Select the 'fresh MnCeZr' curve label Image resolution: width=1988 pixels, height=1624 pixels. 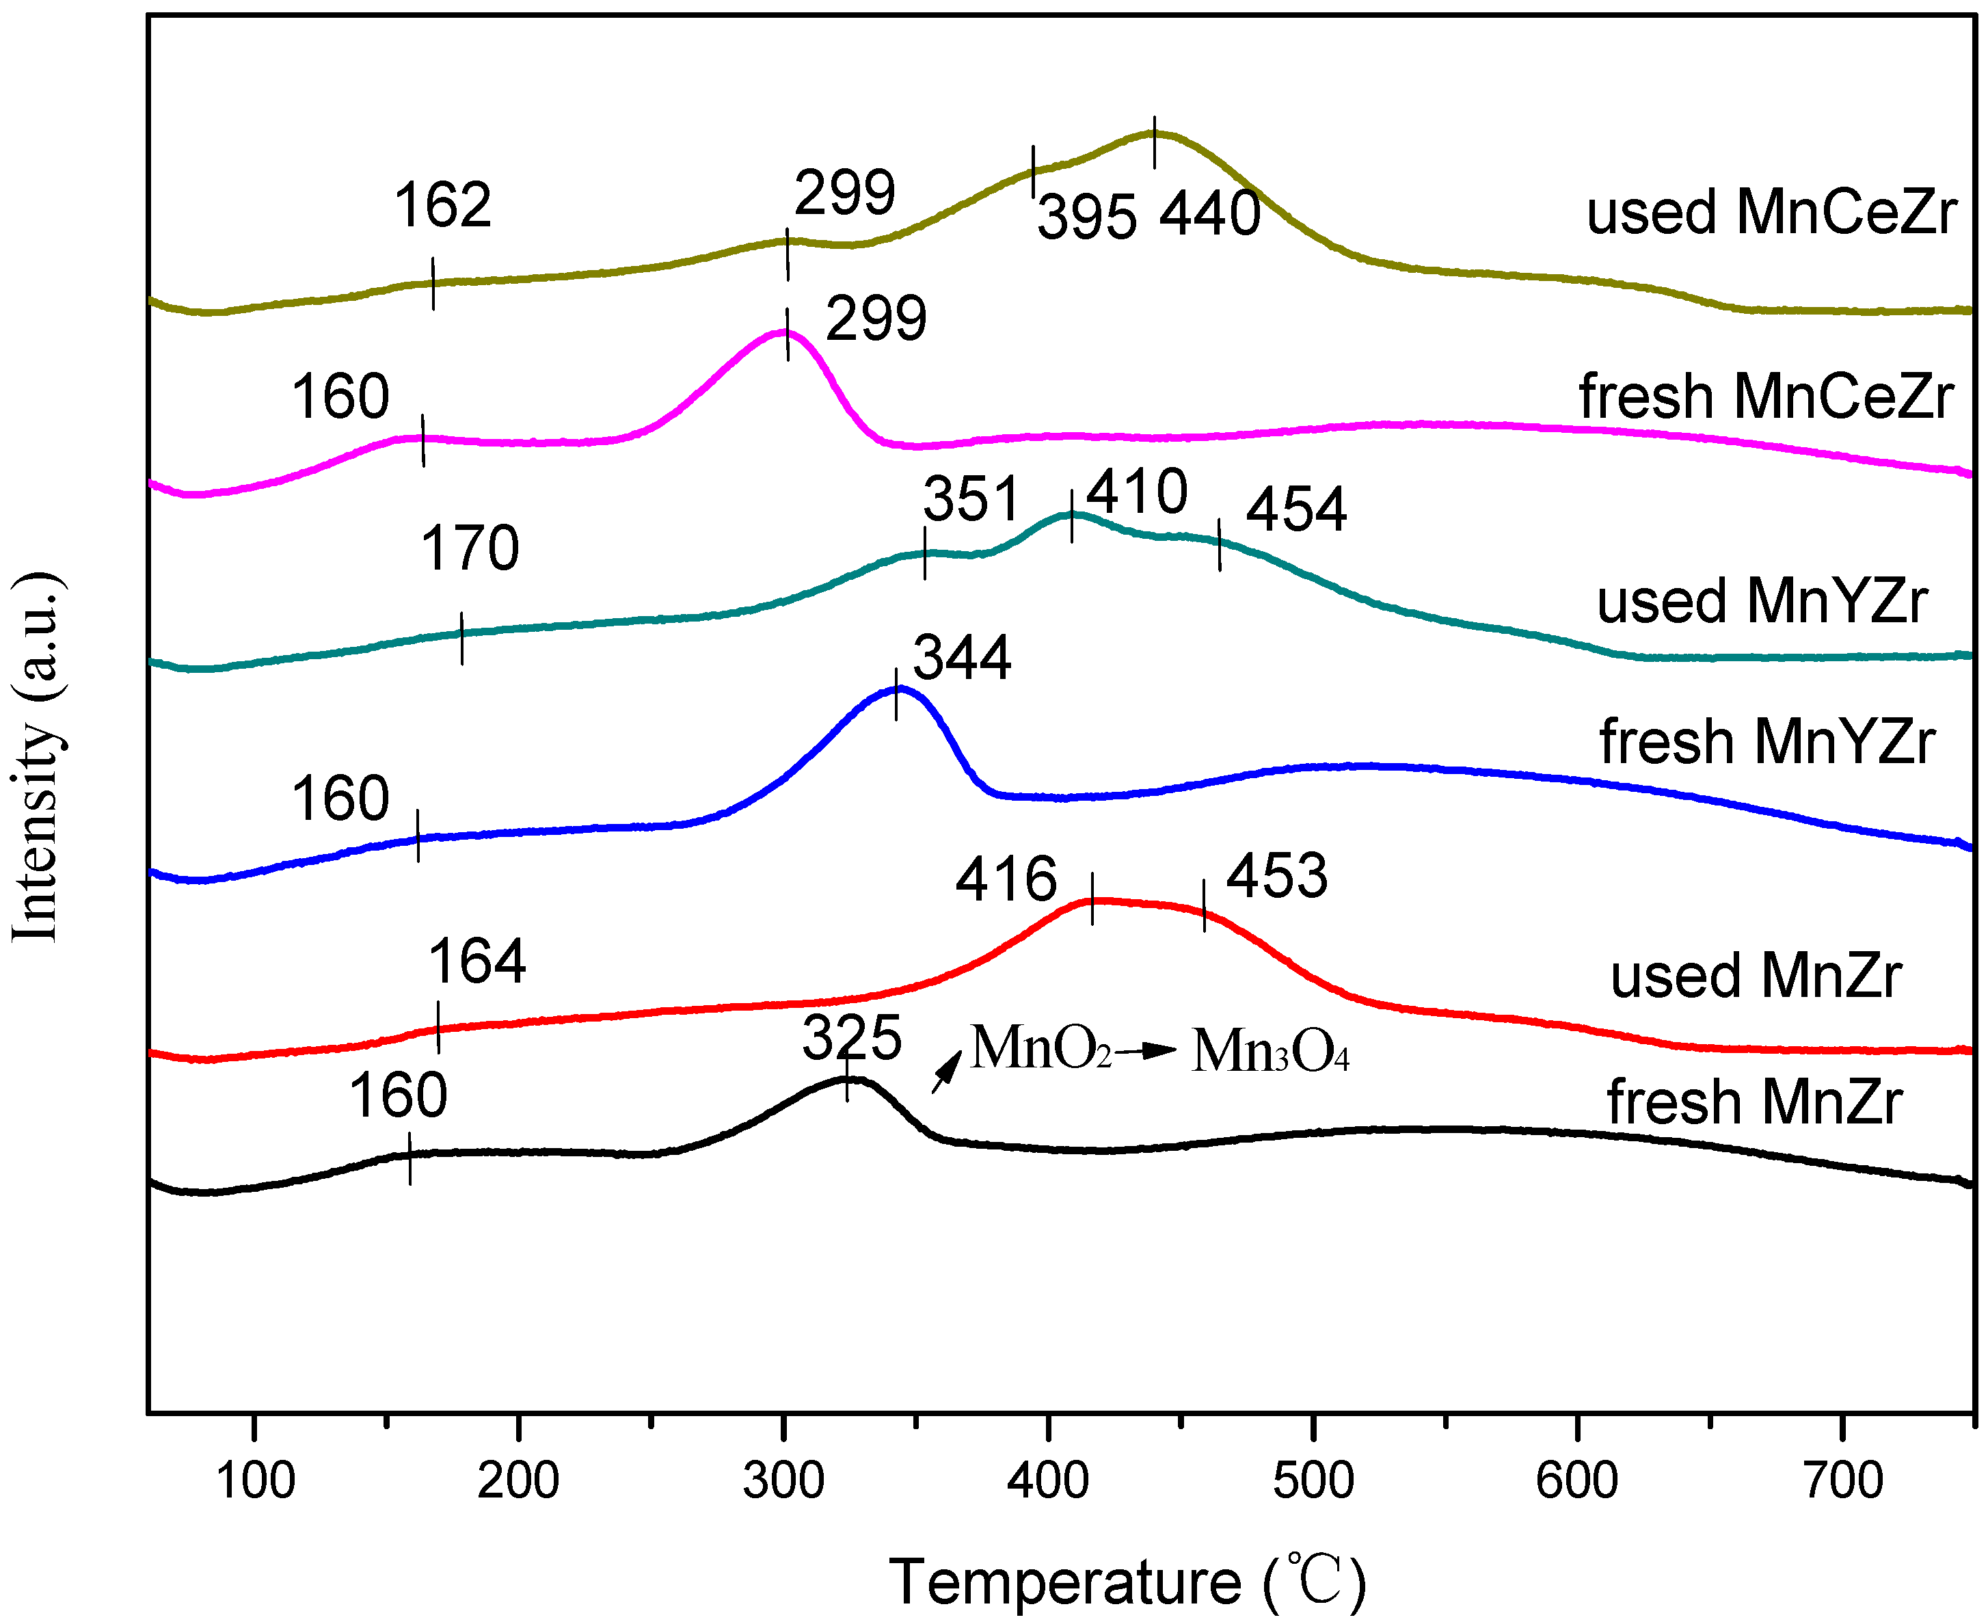(1765, 396)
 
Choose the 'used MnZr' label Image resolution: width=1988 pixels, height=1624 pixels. (1755, 975)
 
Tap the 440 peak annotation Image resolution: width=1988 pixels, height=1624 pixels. (1209, 213)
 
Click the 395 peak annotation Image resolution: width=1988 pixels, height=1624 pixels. (1086, 218)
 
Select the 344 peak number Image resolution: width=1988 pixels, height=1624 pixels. (961, 658)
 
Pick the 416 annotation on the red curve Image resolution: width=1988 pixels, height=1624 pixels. (1005, 879)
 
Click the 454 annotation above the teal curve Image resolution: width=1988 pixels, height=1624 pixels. (1296, 510)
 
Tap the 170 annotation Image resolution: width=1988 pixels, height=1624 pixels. (470, 548)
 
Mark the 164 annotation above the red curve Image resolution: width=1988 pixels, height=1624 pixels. (477, 961)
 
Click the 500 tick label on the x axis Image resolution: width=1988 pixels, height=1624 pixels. (1313, 1481)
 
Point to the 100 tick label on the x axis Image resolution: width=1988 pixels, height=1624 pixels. (254, 1481)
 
